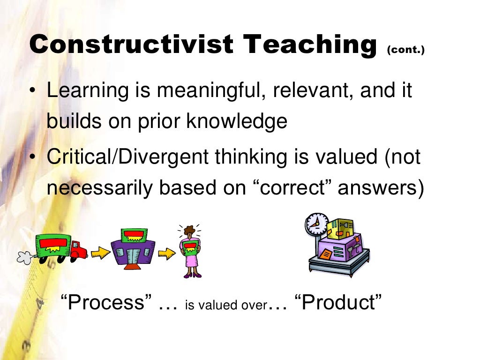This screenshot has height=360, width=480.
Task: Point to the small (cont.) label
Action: [x=406, y=50]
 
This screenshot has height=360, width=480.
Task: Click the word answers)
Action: [x=381, y=188]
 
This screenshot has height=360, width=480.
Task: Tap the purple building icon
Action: [x=134, y=247]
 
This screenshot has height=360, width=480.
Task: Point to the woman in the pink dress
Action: [x=191, y=251]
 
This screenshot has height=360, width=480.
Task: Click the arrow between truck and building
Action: [x=100, y=253]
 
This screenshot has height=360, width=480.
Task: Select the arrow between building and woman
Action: [x=166, y=253]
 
